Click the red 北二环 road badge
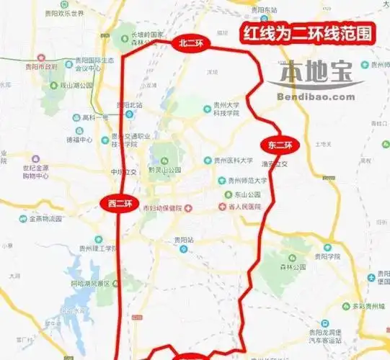click(x=190, y=44)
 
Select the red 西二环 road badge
click(x=117, y=203)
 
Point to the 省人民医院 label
click(x=241, y=207)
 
